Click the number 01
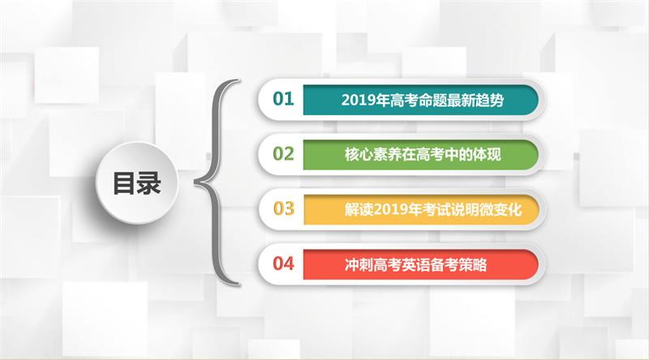283,99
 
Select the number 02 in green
283,154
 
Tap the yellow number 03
284,208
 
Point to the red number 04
283,264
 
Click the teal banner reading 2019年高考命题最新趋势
420,100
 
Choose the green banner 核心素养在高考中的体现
420,155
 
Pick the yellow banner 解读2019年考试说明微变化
421,209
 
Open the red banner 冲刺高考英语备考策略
420,264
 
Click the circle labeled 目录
137,183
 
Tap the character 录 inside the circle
149,183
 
